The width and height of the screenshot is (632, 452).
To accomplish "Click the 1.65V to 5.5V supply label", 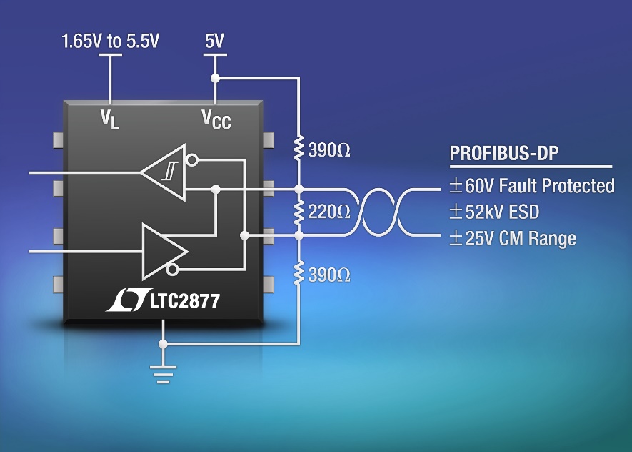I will pos(110,41).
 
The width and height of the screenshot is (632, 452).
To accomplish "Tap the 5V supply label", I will pos(214,41).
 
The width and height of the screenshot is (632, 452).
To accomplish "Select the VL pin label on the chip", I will pos(109,118).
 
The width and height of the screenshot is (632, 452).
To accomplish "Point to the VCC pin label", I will pos(215,119).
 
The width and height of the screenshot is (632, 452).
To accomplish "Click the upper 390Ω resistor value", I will pos(330,150).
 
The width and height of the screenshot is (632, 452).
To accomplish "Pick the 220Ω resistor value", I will pos(330,212).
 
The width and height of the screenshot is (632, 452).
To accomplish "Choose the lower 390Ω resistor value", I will pos(330,274).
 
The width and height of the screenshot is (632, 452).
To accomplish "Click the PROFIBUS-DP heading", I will pos(503,154).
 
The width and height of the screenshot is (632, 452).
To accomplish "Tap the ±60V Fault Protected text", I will pos(531,186).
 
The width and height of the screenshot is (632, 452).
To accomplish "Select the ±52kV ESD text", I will pos(493,212).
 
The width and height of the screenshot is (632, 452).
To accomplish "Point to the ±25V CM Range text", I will pos(512,238).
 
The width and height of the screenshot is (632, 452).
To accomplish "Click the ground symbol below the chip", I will pos(164,373).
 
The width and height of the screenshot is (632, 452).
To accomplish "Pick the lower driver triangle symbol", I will pos(162,252).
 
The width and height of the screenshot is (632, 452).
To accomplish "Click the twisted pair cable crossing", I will pos(376,212).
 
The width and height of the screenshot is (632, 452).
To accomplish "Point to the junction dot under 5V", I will pos(214,77).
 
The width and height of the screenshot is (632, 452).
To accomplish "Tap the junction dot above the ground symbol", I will pos(164,344).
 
